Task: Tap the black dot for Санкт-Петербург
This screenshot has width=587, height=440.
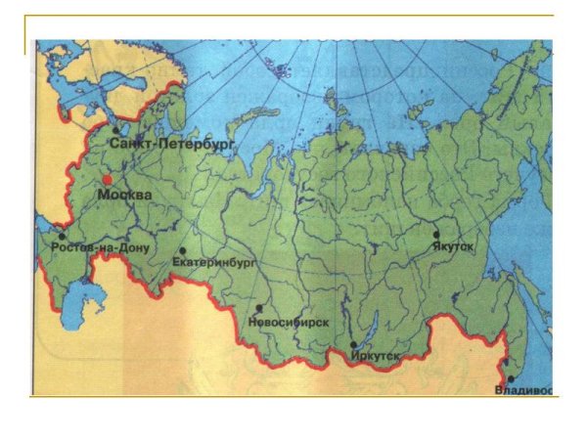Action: point(115,129)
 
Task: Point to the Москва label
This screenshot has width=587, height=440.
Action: point(124,196)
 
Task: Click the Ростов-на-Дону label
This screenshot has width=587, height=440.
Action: point(100,248)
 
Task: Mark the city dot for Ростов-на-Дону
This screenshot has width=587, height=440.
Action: point(62,236)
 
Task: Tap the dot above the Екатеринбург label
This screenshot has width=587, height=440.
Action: point(183,250)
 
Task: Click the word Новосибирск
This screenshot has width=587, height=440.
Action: point(288,322)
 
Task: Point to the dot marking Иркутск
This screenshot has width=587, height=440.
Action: point(352,345)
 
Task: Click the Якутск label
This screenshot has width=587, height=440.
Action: point(452,247)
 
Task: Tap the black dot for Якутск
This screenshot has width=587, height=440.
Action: point(437,234)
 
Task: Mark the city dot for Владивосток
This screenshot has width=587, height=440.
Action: point(511,379)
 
